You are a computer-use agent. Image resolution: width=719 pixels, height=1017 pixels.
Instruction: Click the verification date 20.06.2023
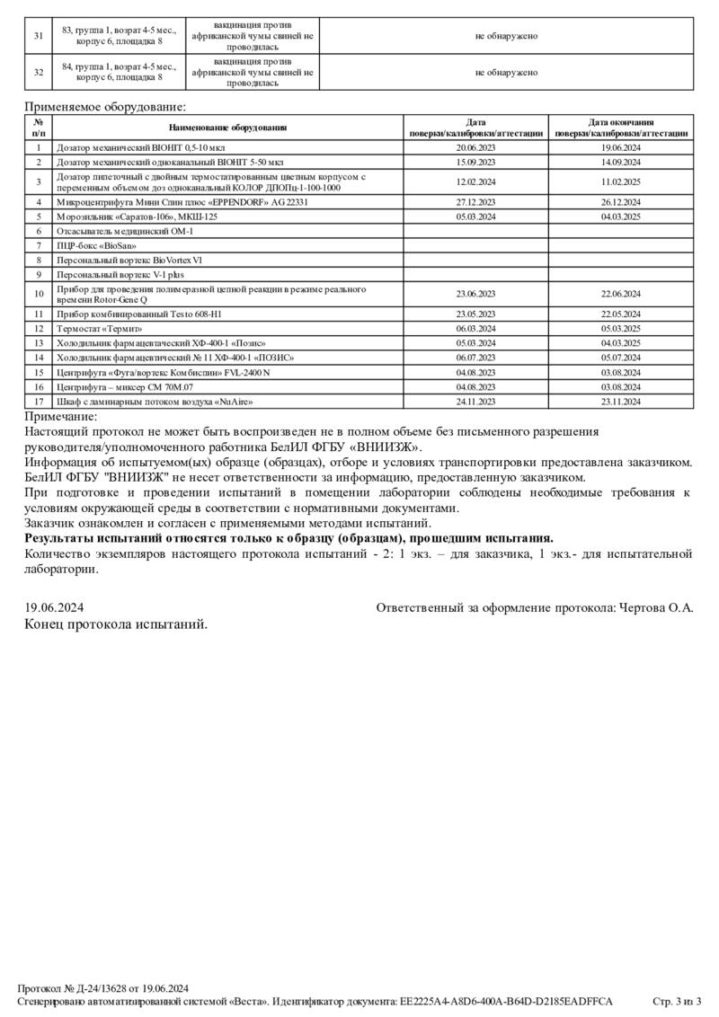pos(475,147)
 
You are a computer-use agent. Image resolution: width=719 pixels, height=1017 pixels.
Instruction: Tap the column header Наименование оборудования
pos(227,128)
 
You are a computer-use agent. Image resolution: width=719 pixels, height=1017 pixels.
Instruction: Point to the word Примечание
pos(61,416)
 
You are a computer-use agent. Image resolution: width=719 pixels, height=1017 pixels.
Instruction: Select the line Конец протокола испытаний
pos(115,624)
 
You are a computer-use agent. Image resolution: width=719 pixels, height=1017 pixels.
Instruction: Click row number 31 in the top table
pos(38,36)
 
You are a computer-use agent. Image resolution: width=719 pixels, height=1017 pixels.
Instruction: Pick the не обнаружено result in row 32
pos(506,73)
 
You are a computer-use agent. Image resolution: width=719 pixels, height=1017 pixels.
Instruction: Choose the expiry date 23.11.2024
pos(620,402)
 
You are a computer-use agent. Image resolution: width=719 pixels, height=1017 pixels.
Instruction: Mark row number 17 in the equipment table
pos(39,402)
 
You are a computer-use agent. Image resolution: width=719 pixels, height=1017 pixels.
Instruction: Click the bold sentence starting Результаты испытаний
pos(288,538)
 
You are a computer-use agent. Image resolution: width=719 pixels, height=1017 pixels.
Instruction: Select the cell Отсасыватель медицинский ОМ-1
pos(125,231)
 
